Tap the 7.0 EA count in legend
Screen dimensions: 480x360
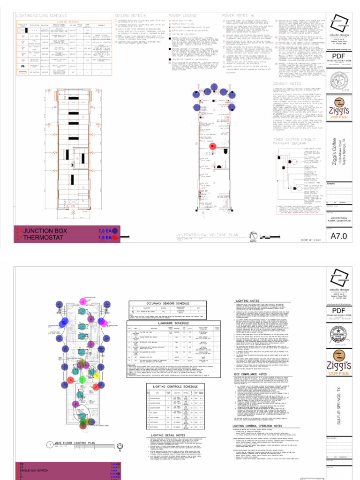[105, 231]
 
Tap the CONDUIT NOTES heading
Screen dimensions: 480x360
[289, 84]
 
